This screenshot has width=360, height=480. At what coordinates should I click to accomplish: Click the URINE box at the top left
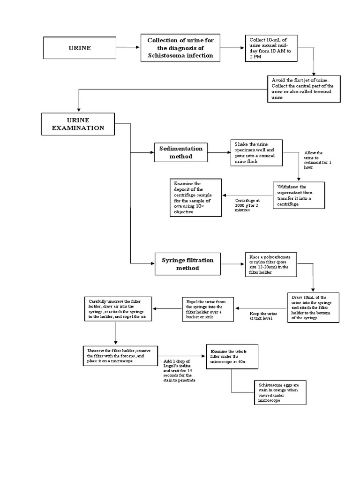click(80, 48)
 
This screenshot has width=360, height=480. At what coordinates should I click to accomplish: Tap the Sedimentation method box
click(181, 152)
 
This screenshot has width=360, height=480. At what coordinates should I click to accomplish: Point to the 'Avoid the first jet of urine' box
click(303, 89)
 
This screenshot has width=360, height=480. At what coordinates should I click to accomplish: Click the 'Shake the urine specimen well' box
click(256, 153)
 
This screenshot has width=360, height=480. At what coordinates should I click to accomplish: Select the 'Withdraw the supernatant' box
click(299, 195)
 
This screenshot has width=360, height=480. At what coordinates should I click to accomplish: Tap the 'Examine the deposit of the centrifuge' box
click(195, 197)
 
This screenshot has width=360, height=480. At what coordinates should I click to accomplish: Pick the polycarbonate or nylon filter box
click(270, 264)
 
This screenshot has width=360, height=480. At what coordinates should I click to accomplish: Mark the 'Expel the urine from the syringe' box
click(208, 308)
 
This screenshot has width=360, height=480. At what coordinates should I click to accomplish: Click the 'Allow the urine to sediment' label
click(317, 160)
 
